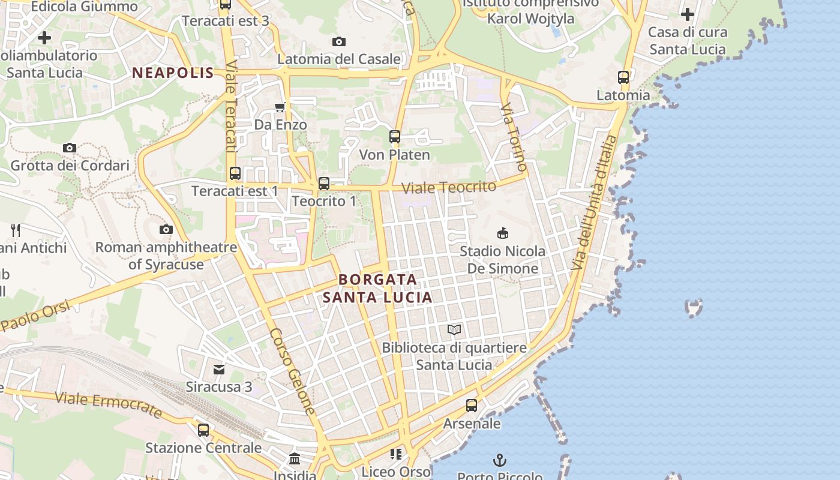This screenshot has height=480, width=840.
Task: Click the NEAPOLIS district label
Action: pos(173,73)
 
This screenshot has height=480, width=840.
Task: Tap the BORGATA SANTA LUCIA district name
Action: pos(377,289)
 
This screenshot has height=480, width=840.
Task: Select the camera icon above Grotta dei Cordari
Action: pos(70,148)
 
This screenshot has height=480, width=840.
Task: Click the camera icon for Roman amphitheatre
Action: pos(166,229)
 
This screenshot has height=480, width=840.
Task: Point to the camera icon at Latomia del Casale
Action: pos(339,41)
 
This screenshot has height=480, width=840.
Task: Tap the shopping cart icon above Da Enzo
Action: pos(280,107)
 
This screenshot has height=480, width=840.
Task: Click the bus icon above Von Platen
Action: pos(394,137)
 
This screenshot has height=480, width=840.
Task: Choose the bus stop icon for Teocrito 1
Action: pos(324,183)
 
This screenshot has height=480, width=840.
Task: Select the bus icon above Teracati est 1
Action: pos(235,173)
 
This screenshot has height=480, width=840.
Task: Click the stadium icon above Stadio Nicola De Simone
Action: pos(503,233)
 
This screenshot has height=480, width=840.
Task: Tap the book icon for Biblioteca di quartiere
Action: pos(454,329)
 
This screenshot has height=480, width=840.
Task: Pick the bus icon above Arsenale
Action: pos(472,406)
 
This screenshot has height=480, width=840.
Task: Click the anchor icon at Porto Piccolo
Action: pos(500,460)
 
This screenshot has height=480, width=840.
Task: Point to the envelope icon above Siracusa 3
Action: pos(219,369)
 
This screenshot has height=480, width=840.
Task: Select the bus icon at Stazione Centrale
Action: pos(203,430)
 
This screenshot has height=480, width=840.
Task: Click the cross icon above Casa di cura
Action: pos(688,14)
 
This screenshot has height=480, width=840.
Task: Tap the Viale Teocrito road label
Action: pos(449,187)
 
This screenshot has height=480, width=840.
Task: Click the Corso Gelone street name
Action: pos(292,371)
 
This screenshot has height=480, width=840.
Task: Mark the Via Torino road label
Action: pos(514,137)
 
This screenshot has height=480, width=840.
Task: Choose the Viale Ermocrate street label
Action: pos(109,405)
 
